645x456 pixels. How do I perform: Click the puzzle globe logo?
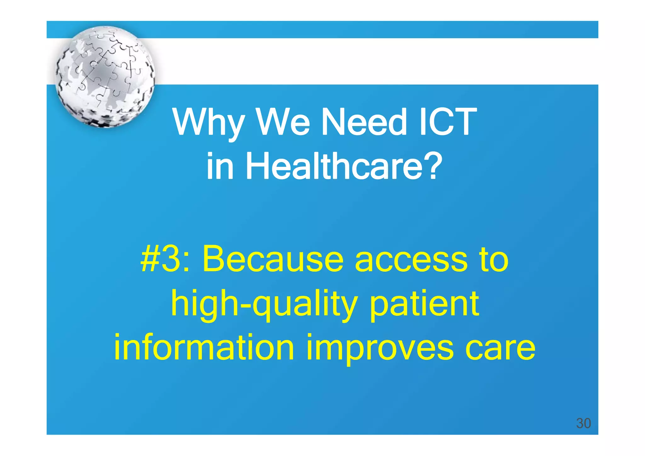tap(105, 77)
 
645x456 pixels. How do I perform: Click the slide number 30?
tap(583, 423)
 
